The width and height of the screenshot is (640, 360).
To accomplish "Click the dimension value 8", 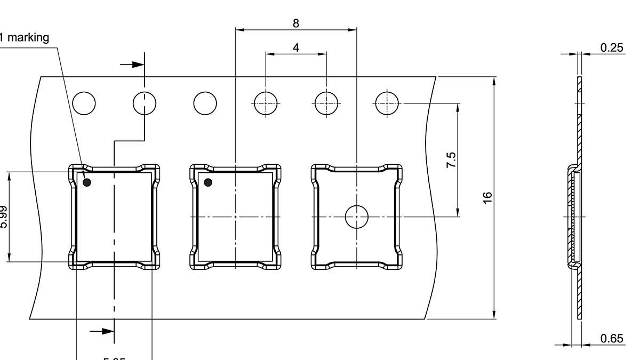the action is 296,23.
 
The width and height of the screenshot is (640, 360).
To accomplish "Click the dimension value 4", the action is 296,47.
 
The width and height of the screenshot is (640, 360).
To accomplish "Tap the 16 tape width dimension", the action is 487,197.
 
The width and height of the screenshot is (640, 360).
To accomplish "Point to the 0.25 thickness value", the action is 612,47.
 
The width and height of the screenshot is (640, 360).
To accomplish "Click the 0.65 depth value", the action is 612,338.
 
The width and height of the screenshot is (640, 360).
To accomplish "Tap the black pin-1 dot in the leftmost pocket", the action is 87,182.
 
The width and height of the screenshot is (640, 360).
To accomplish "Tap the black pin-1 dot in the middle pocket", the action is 208,182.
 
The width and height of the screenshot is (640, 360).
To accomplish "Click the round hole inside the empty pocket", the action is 357,217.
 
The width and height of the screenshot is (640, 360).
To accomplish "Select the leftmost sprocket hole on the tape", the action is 84,103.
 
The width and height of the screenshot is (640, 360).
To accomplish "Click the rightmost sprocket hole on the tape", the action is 387,103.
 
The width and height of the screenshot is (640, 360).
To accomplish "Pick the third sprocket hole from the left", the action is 205,103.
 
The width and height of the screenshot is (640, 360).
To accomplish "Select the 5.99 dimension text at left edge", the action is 4,217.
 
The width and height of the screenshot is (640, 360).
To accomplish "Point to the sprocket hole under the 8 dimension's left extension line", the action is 266,103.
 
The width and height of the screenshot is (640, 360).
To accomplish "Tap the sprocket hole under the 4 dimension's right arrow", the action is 326,103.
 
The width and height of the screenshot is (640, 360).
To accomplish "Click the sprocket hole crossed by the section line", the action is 145,103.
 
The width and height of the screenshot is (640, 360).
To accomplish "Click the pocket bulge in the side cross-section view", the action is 572,217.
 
